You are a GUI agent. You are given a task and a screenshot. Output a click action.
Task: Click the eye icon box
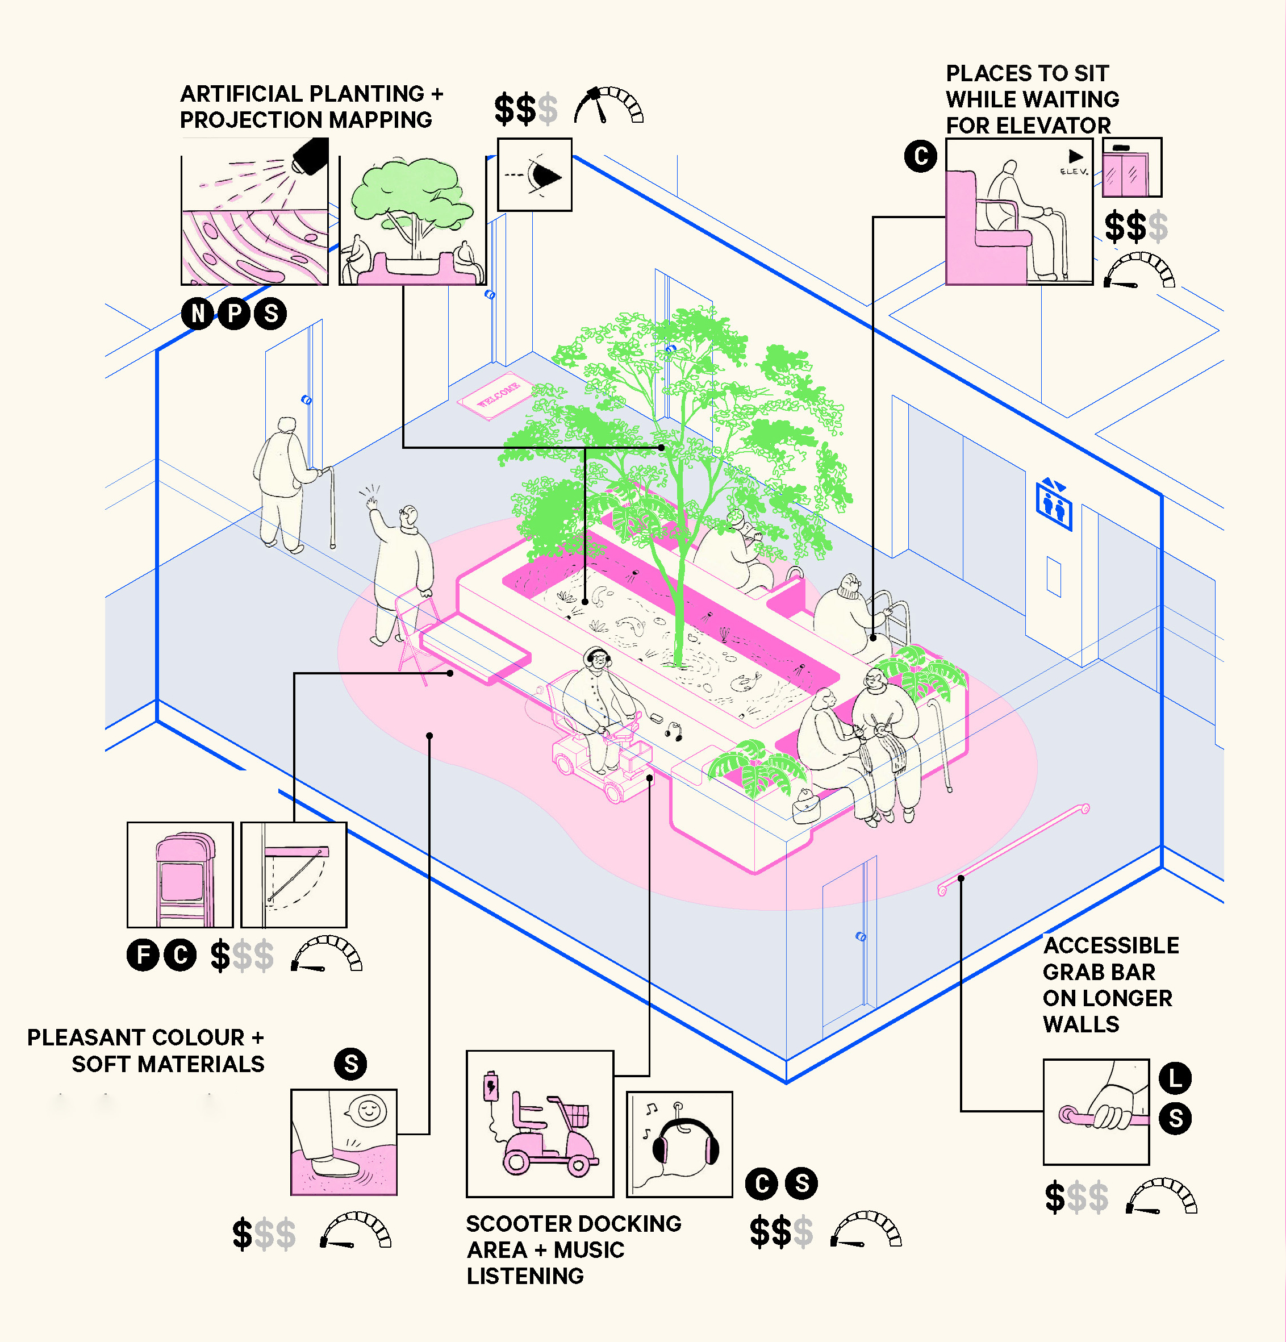[535, 174]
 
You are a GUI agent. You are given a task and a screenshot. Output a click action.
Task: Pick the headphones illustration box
[679, 1144]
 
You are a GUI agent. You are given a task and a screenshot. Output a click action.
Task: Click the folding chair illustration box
[180, 875]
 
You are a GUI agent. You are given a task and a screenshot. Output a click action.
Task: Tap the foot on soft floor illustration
[344, 1142]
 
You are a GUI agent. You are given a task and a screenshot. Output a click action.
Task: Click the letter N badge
[198, 314]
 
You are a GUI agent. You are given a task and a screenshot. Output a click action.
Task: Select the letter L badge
[1175, 1078]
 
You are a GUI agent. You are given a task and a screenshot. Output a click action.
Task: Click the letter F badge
[144, 955]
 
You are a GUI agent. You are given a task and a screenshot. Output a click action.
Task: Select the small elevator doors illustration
[1131, 168]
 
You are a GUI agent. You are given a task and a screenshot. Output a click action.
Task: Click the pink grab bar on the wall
[1013, 849]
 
